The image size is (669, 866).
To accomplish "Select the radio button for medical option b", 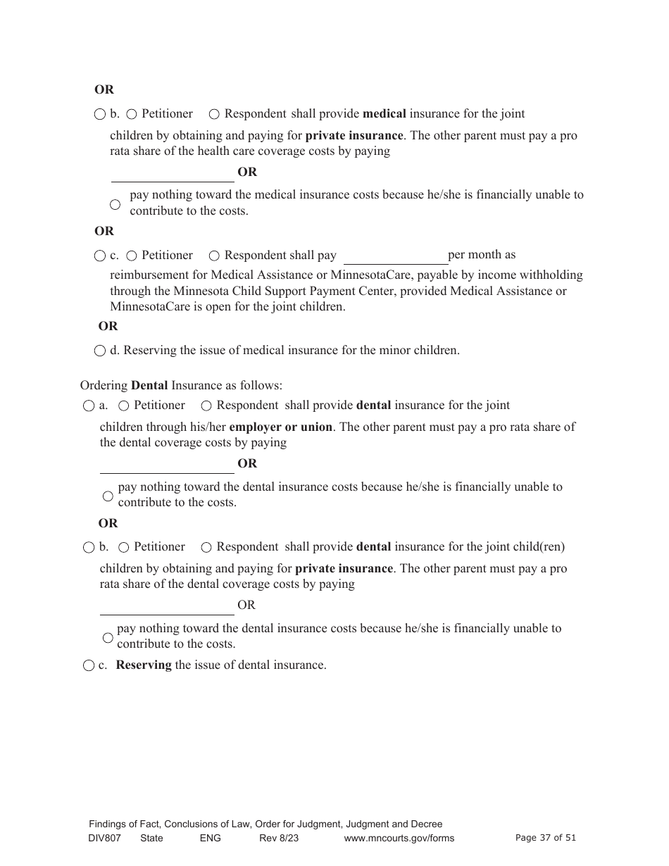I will click(x=99, y=114).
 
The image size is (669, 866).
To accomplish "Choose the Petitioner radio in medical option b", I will click(x=132, y=114).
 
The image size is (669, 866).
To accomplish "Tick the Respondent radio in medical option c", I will click(x=214, y=256).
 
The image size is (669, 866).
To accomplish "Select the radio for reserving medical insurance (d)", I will click(x=99, y=351).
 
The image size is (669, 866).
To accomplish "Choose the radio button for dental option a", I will click(x=88, y=406).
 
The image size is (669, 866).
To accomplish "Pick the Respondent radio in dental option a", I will click(x=206, y=406).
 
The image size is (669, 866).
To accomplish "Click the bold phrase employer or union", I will click(x=280, y=427).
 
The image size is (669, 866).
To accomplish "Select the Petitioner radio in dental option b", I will click(x=124, y=547).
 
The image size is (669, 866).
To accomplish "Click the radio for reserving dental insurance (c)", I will click(x=88, y=665).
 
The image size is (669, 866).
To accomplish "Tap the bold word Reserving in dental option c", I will click(x=144, y=665).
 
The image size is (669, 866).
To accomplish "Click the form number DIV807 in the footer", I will click(x=105, y=838).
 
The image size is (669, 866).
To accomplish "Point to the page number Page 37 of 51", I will click(x=546, y=837).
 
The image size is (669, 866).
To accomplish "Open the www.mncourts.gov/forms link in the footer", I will click(x=399, y=838).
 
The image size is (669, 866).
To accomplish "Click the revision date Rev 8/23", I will click(x=279, y=838).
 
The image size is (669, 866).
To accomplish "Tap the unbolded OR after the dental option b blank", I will click(x=246, y=605).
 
